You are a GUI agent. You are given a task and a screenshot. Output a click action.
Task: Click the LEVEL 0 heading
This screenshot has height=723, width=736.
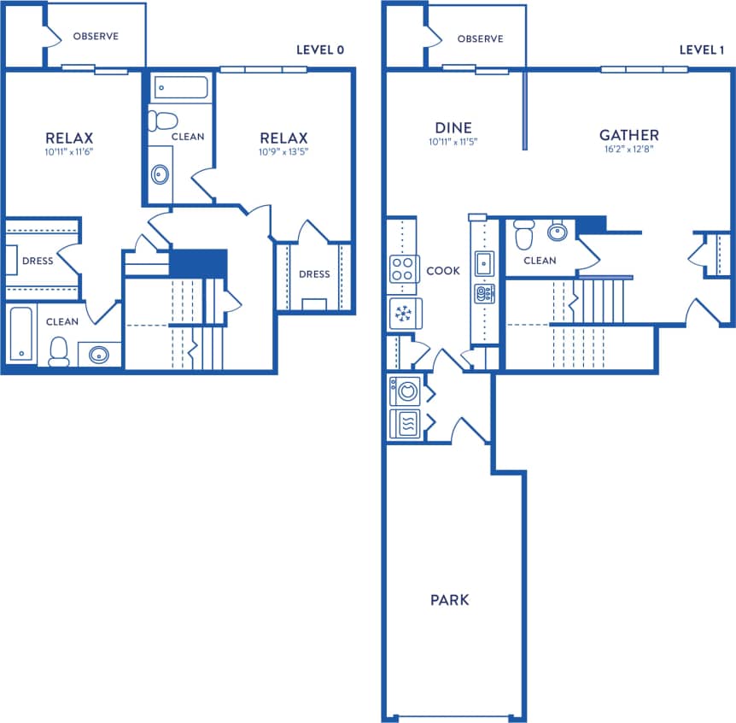click(319, 50)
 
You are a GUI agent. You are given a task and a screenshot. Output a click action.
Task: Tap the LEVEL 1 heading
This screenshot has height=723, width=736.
click(703, 50)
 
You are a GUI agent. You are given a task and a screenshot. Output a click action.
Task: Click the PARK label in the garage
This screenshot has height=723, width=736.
click(449, 600)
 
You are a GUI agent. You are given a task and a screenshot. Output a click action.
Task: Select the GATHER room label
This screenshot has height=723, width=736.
click(628, 135)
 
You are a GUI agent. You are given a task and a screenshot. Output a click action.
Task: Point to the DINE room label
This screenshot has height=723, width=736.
click(453, 128)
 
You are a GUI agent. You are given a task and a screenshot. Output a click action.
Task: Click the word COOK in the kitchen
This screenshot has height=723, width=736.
click(443, 271)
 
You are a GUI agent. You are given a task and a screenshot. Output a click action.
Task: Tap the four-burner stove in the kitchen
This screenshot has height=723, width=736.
click(402, 270)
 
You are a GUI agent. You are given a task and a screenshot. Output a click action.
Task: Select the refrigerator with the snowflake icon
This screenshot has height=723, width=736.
click(402, 314)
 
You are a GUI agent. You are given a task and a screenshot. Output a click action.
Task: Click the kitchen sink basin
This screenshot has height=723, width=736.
click(483, 263)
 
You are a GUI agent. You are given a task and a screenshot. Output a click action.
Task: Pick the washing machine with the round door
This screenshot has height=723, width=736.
click(404, 392)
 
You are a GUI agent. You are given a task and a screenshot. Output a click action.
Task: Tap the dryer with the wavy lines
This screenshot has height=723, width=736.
click(404, 424)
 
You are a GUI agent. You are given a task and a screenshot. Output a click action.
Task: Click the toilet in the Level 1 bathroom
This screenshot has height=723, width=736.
click(524, 232)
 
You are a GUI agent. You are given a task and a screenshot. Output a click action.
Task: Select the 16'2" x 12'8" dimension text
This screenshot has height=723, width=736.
click(628, 148)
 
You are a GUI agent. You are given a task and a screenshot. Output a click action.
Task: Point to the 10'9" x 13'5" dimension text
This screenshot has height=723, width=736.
click(283, 152)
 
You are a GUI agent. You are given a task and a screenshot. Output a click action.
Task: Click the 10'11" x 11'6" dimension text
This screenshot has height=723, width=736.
click(69, 152)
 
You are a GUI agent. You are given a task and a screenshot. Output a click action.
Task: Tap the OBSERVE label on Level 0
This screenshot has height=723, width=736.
click(96, 37)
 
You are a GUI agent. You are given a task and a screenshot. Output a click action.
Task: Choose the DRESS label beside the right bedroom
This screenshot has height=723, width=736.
click(314, 274)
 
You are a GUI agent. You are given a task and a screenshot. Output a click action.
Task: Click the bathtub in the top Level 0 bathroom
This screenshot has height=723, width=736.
click(181, 88)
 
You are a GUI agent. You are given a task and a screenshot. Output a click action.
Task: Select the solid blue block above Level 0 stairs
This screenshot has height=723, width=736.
click(198, 263)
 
